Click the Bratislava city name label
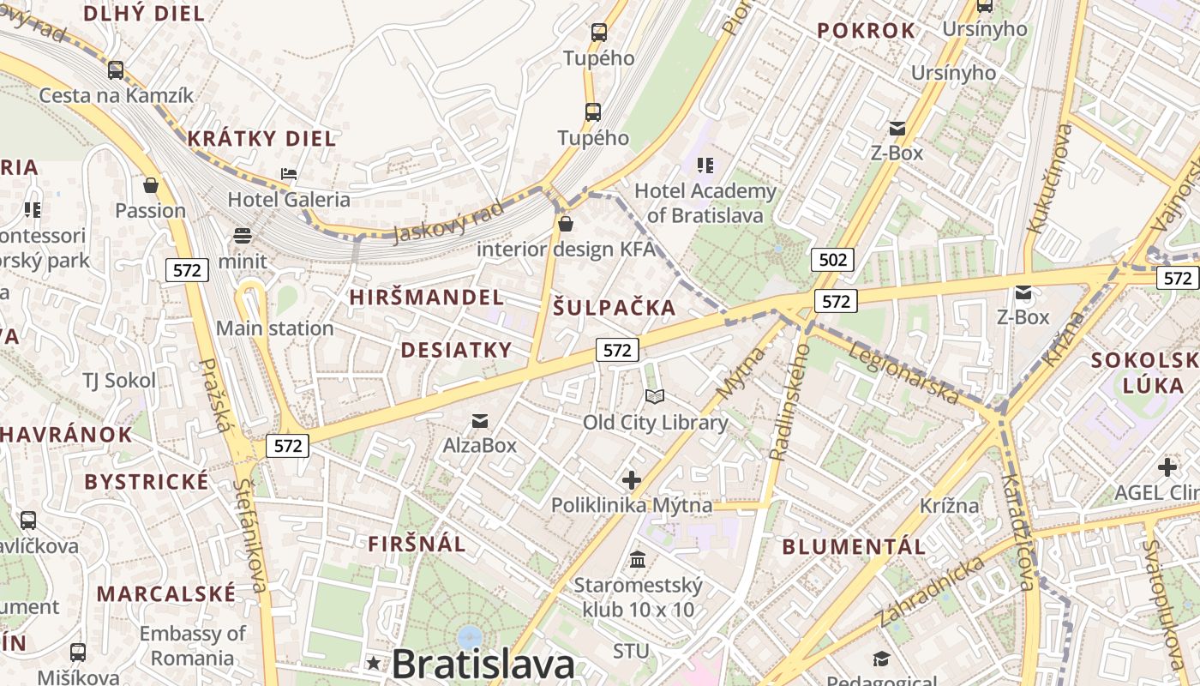[x=483, y=665]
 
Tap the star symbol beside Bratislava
[x=373, y=662]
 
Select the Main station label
[x=274, y=328]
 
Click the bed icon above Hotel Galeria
[x=289, y=173]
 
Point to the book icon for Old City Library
[x=655, y=396]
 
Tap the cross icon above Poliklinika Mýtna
[x=632, y=480]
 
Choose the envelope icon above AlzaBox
[x=480, y=420]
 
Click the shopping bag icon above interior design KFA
[x=565, y=225]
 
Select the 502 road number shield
[x=832, y=260]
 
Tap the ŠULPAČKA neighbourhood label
[x=614, y=308]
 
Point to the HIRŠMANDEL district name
[x=427, y=298]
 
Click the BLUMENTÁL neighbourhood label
[x=854, y=546]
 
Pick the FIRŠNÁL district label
[x=417, y=544]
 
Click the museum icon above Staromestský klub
[x=638, y=560]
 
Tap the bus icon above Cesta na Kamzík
[x=116, y=69]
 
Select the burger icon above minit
[x=243, y=236]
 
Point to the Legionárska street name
[x=902, y=372]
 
